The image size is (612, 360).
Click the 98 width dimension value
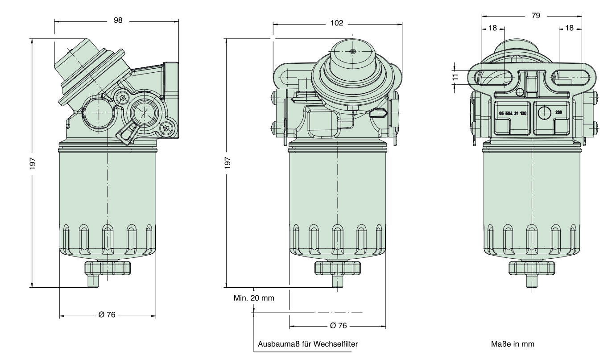pos(118,21)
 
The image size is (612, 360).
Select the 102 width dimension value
pos(337,24)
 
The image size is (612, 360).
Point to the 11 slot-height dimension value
pos(455,77)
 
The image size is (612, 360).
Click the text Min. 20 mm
pos(254,298)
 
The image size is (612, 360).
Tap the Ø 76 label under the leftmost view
pos(107,314)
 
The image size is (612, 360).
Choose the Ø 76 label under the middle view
pos(338,326)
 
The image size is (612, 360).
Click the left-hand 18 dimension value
pos(493,28)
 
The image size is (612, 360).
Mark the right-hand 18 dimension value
pos(570,28)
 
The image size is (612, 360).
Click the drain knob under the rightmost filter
pos(532,268)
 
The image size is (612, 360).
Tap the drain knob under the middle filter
pos(338,268)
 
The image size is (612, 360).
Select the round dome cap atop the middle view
pos(352,56)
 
